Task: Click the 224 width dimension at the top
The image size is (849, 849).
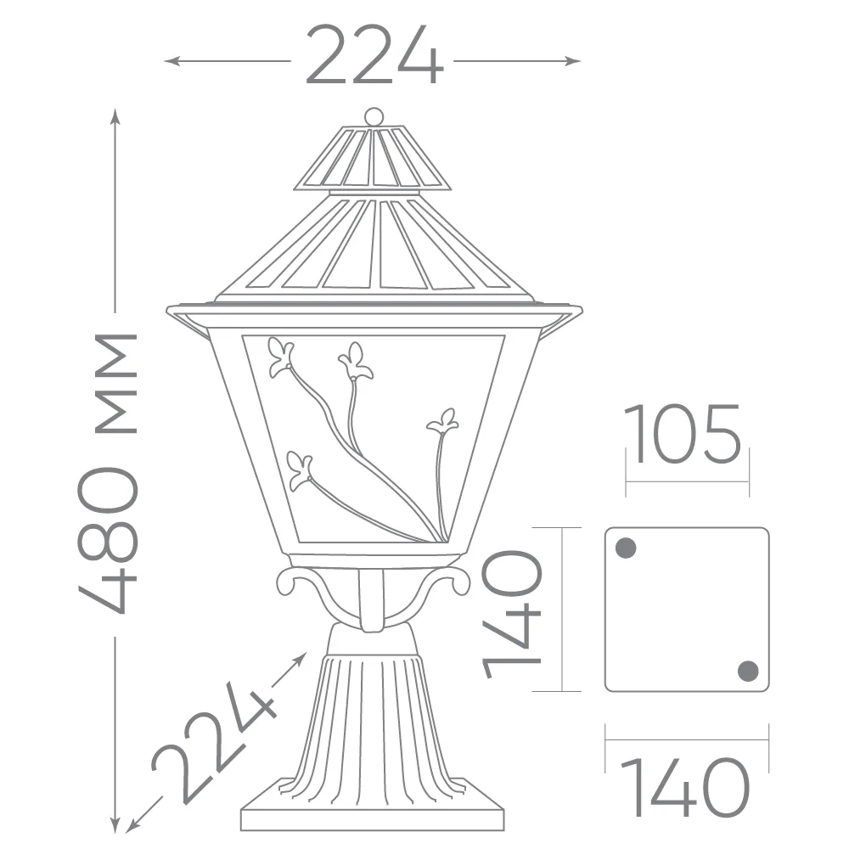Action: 374,55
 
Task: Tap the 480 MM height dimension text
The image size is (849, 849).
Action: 109,473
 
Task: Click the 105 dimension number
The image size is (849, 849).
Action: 684,434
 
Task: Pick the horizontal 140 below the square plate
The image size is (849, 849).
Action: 684,787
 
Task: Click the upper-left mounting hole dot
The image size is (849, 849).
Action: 626,548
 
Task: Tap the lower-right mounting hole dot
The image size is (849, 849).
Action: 748,671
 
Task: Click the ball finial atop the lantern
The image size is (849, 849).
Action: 374,116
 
